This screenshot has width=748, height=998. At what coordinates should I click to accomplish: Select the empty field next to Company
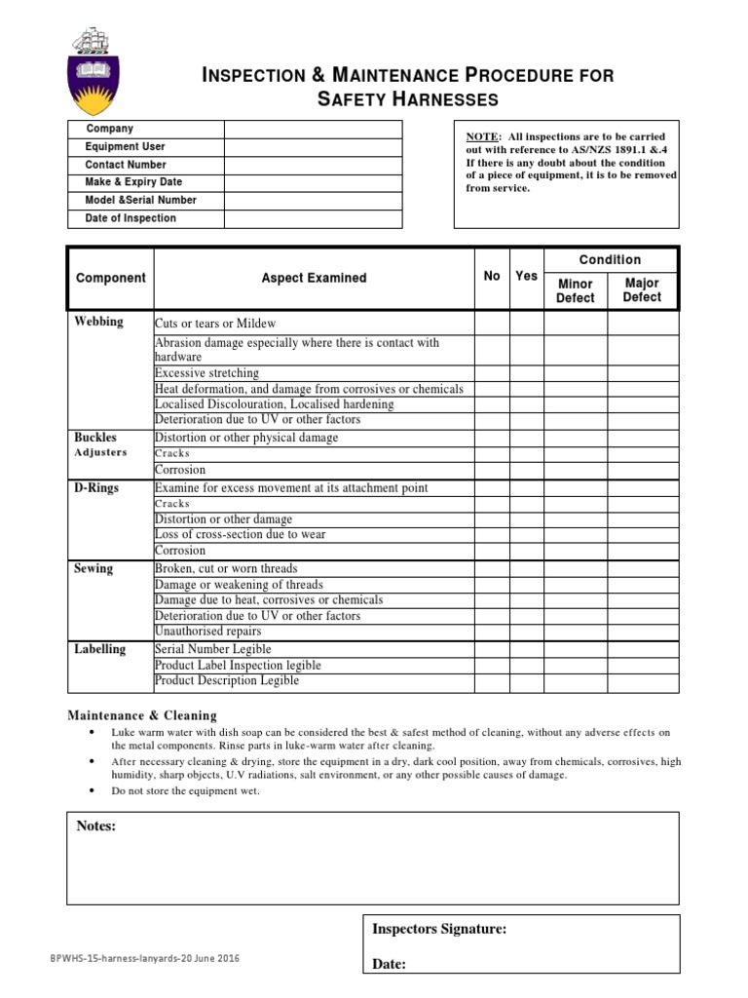pyautogui.click(x=313, y=130)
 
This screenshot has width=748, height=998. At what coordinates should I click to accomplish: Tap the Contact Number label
pyautogui.click(x=126, y=165)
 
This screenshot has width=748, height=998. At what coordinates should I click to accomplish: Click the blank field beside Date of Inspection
pyautogui.click(x=313, y=218)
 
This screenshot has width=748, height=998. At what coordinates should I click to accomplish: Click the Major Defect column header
pyautogui.click(x=642, y=290)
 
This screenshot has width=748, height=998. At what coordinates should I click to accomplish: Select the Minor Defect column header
pyautogui.click(x=575, y=290)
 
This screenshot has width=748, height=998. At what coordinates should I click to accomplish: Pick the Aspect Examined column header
pyautogui.click(x=314, y=278)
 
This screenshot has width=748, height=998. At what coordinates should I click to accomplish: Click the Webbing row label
pyautogui.click(x=99, y=322)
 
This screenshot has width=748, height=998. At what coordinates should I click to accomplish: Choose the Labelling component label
pyautogui.click(x=100, y=648)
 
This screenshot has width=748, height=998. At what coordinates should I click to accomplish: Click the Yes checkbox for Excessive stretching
pyautogui.click(x=526, y=373)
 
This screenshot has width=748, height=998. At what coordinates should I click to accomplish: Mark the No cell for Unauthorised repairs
pyautogui.click(x=492, y=632)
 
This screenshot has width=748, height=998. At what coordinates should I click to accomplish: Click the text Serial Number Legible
pyautogui.click(x=213, y=649)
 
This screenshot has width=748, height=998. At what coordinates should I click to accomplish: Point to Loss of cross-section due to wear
pyautogui.click(x=241, y=535)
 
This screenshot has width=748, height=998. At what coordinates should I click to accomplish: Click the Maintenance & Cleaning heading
pyautogui.click(x=141, y=715)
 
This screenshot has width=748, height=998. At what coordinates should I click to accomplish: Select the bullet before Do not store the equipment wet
pyautogui.click(x=91, y=790)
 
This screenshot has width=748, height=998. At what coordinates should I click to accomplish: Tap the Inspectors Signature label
pyautogui.click(x=439, y=929)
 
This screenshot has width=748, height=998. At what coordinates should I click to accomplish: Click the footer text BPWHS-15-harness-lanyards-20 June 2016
pyautogui.click(x=144, y=959)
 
